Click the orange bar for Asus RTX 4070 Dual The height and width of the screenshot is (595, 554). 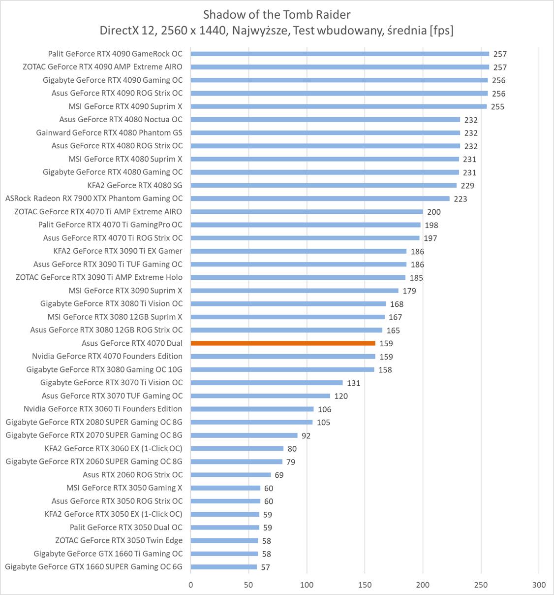pyautogui.click(x=283, y=343)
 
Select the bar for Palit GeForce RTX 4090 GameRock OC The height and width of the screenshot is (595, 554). pyautogui.click(x=340, y=54)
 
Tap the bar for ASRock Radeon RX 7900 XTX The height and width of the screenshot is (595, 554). pyautogui.click(x=320, y=198)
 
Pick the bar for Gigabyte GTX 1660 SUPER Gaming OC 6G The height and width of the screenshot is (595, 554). pyautogui.click(x=224, y=567)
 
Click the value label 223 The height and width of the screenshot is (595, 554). pyautogui.click(x=461, y=199)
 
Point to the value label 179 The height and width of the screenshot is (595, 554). pyautogui.click(x=409, y=291)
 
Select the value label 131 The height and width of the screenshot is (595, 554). pyautogui.click(x=353, y=383)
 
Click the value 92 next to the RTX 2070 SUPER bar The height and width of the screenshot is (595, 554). pyautogui.click(x=306, y=436)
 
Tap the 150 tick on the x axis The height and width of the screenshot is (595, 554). pyautogui.click(x=365, y=585)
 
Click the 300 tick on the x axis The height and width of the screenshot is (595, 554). pyautogui.click(x=539, y=585)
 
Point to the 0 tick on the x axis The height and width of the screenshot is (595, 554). pyautogui.click(x=191, y=585)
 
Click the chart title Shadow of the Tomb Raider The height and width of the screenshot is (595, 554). pyautogui.click(x=277, y=14)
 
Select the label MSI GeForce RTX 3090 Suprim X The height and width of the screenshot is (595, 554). pyautogui.click(x=125, y=291)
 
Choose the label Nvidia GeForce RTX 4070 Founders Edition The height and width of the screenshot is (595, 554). pyautogui.click(x=107, y=356)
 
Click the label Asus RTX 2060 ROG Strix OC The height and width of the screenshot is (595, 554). pyautogui.click(x=132, y=475)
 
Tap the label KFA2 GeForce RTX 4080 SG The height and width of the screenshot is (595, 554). pyautogui.click(x=135, y=185)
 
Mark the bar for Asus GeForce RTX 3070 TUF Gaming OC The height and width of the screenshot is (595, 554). pyautogui.click(x=260, y=396)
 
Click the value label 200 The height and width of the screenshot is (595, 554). pyautogui.click(x=434, y=212)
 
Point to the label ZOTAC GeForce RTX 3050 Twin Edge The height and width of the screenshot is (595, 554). pyautogui.click(x=119, y=540)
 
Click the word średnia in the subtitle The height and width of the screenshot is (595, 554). pyautogui.click(x=407, y=31)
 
